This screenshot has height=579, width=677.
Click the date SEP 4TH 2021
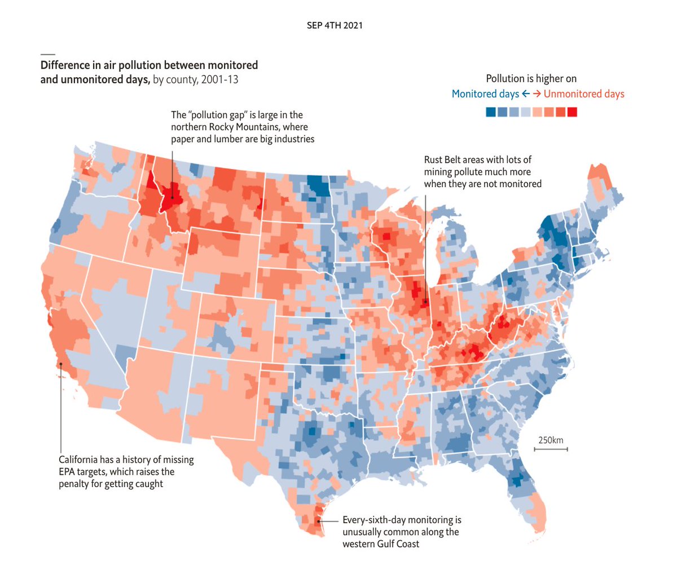(335, 25)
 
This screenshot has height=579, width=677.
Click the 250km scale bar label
(550, 440)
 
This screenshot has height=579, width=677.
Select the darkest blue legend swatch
(491, 112)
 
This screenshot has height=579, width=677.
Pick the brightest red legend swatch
(572, 112)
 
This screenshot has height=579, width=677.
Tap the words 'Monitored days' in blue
(485, 94)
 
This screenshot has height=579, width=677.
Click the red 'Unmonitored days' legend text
(584, 94)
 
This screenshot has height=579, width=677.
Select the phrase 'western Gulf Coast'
(381, 544)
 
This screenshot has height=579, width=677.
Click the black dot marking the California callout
(60, 364)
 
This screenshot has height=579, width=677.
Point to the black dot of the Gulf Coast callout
(319, 521)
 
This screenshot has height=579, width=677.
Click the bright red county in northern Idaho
(174, 198)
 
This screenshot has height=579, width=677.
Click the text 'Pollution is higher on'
(531, 78)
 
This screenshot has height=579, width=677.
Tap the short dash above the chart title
(47, 54)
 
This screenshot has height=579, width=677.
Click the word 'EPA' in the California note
(69, 472)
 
